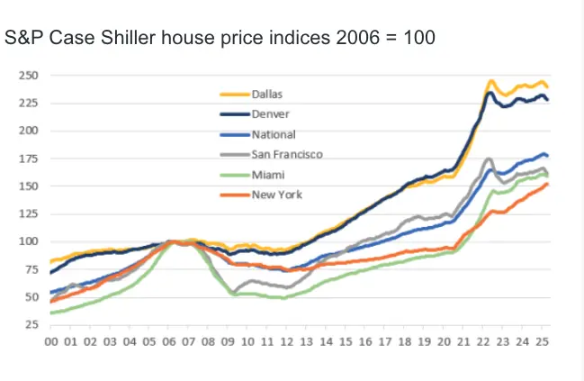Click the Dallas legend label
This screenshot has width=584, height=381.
coord(267,92)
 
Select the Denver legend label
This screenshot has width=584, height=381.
coord(269,113)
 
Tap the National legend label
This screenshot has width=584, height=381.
coord(273,133)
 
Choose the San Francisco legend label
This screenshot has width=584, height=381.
coord(286,153)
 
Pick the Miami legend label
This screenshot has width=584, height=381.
coord(267,174)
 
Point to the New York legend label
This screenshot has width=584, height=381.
coord(275,195)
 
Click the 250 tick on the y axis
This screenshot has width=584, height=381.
coord(31,75)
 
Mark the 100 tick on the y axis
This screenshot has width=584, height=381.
coord(31,241)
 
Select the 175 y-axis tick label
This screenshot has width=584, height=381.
coord(31,158)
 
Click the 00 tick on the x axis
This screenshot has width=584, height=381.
coord(51,344)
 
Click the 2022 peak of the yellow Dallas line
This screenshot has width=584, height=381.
coord(491,81)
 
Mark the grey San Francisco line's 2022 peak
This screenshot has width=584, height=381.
coord(489,159)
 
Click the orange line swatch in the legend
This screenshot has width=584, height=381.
coord(236,195)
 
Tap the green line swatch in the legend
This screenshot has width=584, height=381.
coord(236,174)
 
